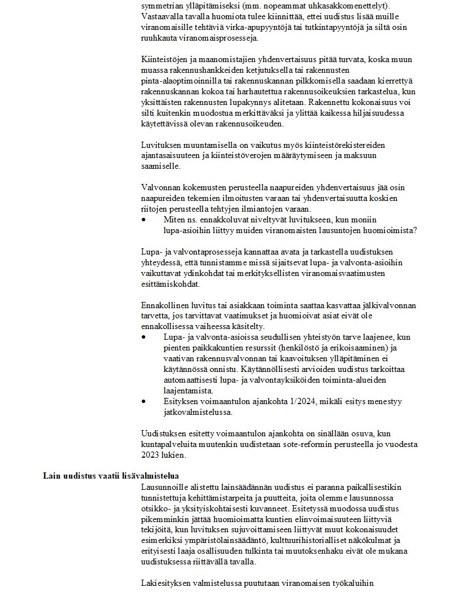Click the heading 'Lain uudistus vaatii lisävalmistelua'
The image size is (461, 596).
[111, 475]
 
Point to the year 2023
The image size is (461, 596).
[151, 454]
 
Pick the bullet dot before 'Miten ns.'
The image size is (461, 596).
[144, 219]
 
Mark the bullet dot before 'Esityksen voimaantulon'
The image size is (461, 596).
[144, 402]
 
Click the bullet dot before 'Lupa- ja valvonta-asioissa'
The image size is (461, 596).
[144, 337]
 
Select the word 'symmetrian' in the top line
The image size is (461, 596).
[162, 6]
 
